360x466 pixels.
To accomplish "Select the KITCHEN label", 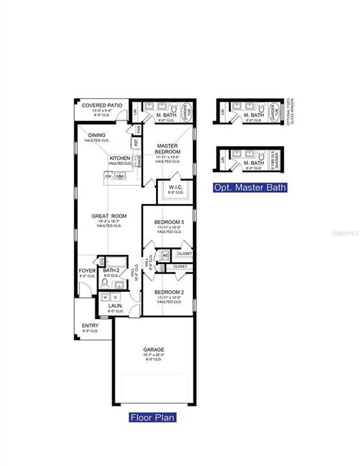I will pos(120,158).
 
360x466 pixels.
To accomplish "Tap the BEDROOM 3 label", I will pos(169,223).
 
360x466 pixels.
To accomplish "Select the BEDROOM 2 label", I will pos(169,292).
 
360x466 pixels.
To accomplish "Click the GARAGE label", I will pos(153,349).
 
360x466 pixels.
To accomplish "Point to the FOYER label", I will pos(87,271).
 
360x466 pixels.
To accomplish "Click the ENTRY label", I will pos(89,326).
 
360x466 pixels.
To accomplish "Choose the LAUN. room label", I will pos(115,306).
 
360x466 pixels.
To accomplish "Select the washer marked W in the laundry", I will pos(106,297).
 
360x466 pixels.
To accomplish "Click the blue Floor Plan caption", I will pos(153,417).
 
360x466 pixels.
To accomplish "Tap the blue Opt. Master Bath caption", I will pos(250,188).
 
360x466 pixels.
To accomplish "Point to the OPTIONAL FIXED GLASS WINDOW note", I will pos(288,116).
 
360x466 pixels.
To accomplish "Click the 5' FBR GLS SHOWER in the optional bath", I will pos(273,159).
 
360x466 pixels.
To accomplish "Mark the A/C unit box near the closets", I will pos(166,254).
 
